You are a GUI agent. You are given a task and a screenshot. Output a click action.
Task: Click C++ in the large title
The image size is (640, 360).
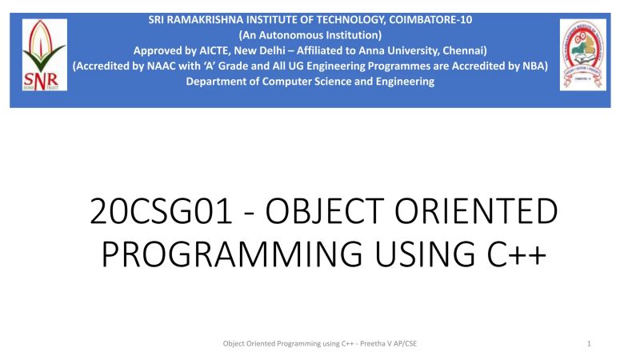click(x=514, y=254)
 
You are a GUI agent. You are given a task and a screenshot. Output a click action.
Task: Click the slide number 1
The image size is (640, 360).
click(x=589, y=343)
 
